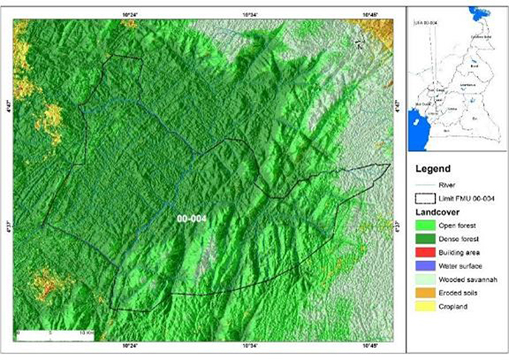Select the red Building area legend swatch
pyautogui.click(x=425, y=253)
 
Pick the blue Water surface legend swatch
pyautogui.click(x=425, y=266)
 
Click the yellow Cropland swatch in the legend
pyautogui.click(x=425, y=307)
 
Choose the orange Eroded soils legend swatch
pyautogui.click(x=425, y=293)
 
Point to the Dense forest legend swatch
pyautogui.click(x=425, y=239)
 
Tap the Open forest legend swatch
pyautogui.click(x=425, y=225)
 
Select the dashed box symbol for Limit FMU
pyautogui.click(x=425, y=198)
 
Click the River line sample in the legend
pyautogui.click(x=425, y=185)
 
